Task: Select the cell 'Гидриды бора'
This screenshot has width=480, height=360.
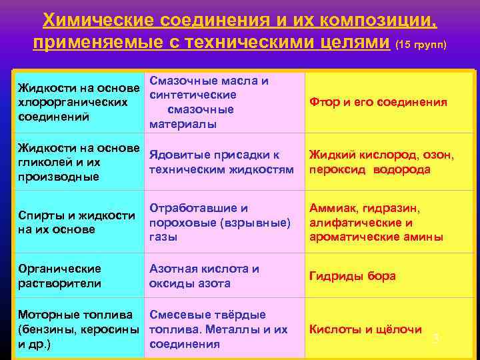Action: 352,276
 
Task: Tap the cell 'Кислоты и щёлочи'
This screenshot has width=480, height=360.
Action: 365,329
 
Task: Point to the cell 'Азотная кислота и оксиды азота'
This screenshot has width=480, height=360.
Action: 204,276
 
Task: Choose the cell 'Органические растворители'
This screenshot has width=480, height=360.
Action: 59,276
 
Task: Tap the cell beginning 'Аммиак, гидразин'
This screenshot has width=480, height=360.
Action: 375,222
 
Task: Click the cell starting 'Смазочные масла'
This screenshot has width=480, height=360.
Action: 209,103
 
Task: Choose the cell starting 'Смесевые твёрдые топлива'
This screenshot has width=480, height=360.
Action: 218,329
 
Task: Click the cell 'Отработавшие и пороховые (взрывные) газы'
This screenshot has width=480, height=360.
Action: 220,222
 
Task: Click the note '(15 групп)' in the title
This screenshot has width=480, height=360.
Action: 421,46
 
